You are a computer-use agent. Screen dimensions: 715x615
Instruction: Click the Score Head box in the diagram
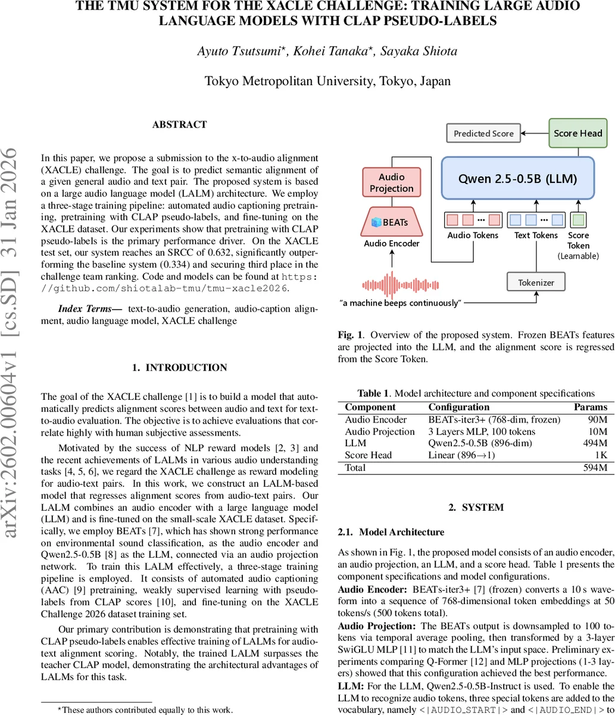(x=577, y=133)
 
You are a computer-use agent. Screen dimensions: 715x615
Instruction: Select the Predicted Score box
(x=483, y=133)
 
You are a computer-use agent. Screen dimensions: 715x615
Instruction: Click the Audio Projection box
(x=391, y=183)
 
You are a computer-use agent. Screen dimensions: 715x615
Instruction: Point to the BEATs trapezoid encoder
(x=391, y=222)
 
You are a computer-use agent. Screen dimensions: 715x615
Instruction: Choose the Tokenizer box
(x=536, y=282)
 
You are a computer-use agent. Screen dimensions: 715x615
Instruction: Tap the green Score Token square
(x=577, y=220)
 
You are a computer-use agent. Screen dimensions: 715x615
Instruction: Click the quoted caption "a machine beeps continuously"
(x=400, y=303)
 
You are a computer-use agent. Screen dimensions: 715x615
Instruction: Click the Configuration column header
(x=458, y=407)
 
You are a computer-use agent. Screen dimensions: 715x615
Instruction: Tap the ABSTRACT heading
(x=179, y=125)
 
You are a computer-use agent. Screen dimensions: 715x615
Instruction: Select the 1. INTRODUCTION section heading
(x=179, y=368)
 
